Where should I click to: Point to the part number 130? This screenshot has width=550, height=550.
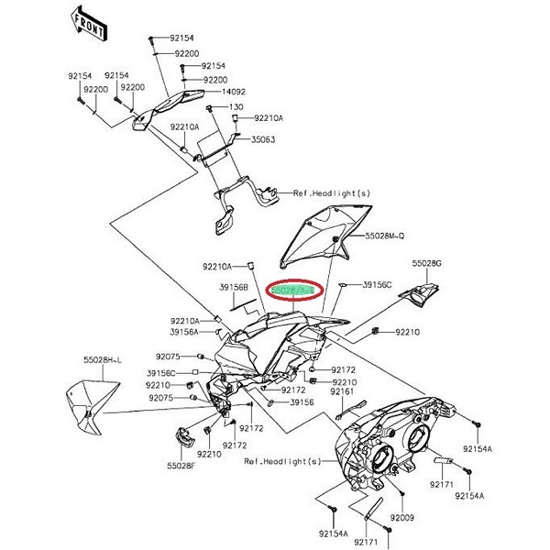pyautogui.click(x=224, y=106)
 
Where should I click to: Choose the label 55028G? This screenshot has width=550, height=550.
pyautogui.click(x=427, y=264)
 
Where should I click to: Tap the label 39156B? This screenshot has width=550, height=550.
pyautogui.click(x=234, y=286)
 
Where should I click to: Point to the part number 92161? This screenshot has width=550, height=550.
pyautogui.click(x=342, y=391)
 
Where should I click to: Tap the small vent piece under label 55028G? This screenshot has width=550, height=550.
pyautogui.click(x=424, y=293)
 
